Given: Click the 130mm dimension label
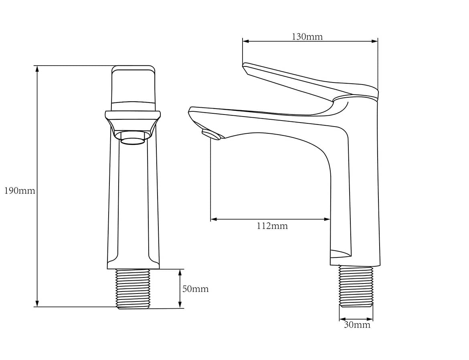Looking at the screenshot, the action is [x=307, y=37].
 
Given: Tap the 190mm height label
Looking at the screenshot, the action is [x=20, y=191].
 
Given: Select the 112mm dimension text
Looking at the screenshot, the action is [x=272, y=226].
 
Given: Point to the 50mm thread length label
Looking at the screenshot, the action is [x=195, y=289].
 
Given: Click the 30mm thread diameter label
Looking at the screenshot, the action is [x=357, y=325].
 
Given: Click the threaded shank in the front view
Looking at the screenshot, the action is [x=133, y=289].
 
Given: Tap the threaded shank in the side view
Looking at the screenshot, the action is [x=356, y=286].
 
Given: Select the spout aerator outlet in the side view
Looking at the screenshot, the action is [x=211, y=134].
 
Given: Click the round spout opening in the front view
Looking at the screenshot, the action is [x=133, y=138].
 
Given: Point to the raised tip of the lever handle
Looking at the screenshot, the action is [x=245, y=66].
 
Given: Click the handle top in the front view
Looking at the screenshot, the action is [x=133, y=88].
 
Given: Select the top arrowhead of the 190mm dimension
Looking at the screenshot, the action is [x=37, y=69].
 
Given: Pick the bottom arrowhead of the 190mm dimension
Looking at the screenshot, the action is [x=37, y=303].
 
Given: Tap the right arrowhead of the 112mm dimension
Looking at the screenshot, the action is [x=327, y=219].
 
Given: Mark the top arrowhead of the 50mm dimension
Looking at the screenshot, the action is [x=180, y=272].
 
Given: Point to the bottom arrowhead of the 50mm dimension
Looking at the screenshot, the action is [x=180, y=304].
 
